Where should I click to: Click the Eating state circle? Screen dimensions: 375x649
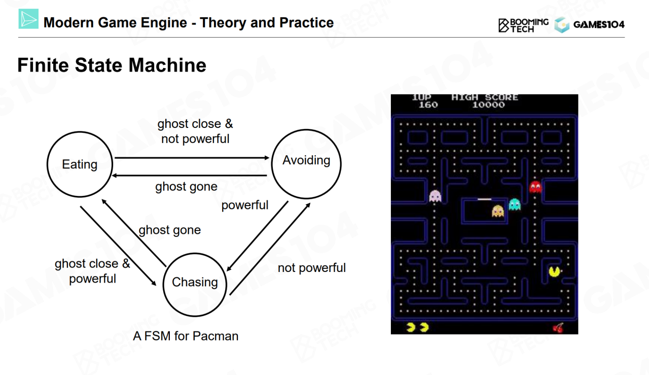coord(80,164)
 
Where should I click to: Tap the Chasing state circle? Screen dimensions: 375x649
coord(195,283)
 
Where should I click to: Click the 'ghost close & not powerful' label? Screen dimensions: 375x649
coord(195,131)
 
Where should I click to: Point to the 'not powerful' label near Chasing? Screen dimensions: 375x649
coord(312,268)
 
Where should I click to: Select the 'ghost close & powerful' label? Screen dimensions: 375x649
coord(92,271)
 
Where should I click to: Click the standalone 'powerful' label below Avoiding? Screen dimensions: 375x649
coord(245,205)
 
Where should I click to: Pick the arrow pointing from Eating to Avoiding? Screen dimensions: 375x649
coord(192,158)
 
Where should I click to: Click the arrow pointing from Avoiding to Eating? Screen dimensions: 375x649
coord(190,175)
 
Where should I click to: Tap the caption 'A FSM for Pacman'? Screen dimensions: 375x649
coord(186,336)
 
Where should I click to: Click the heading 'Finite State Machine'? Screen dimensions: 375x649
coord(112,65)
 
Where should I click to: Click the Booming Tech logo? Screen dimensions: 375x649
coord(523,25)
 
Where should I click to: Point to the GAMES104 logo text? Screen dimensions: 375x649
coord(599,24)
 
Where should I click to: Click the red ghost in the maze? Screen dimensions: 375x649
coord(535,187)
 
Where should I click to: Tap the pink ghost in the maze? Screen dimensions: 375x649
coord(435,196)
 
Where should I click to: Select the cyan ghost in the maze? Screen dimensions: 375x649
coord(515,204)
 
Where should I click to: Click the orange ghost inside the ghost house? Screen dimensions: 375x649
coord(498,211)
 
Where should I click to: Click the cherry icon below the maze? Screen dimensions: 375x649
coord(558,327)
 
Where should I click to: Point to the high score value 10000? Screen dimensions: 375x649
coord(488,105)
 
